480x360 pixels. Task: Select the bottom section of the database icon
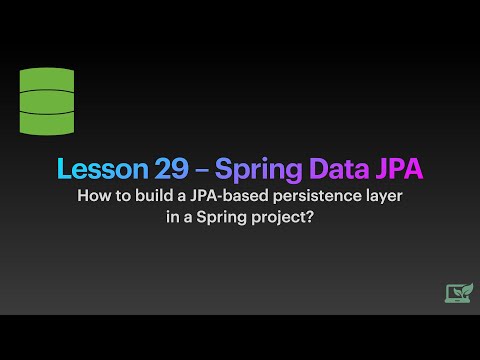pos(44,122)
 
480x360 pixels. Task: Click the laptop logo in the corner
pos(458,292)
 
